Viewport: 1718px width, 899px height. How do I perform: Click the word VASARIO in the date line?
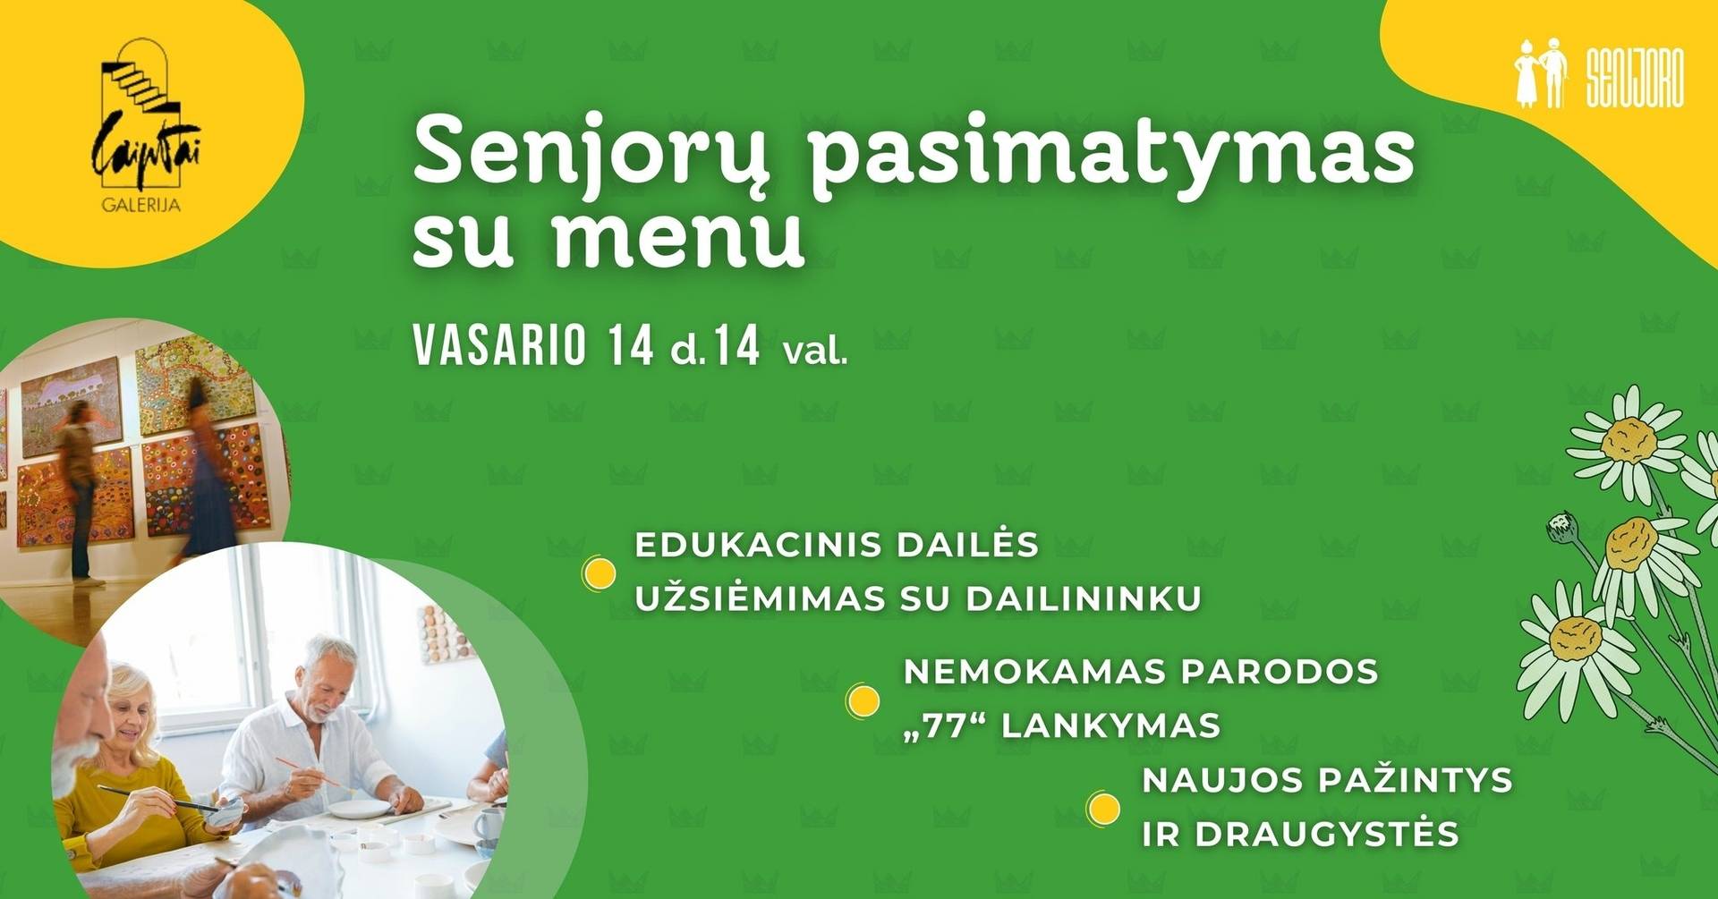tap(499, 345)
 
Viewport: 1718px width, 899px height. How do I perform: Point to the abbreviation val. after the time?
tap(815, 350)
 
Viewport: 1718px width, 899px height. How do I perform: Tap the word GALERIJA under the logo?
tap(141, 206)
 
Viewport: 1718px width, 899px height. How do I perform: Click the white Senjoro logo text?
tap(1635, 77)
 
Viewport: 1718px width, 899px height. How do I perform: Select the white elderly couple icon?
tap(1541, 73)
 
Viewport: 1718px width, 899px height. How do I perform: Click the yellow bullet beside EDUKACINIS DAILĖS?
tap(599, 573)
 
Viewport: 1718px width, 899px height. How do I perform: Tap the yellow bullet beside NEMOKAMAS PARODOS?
tap(863, 701)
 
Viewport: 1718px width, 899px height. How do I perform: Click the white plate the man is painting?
tap(359, 809)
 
